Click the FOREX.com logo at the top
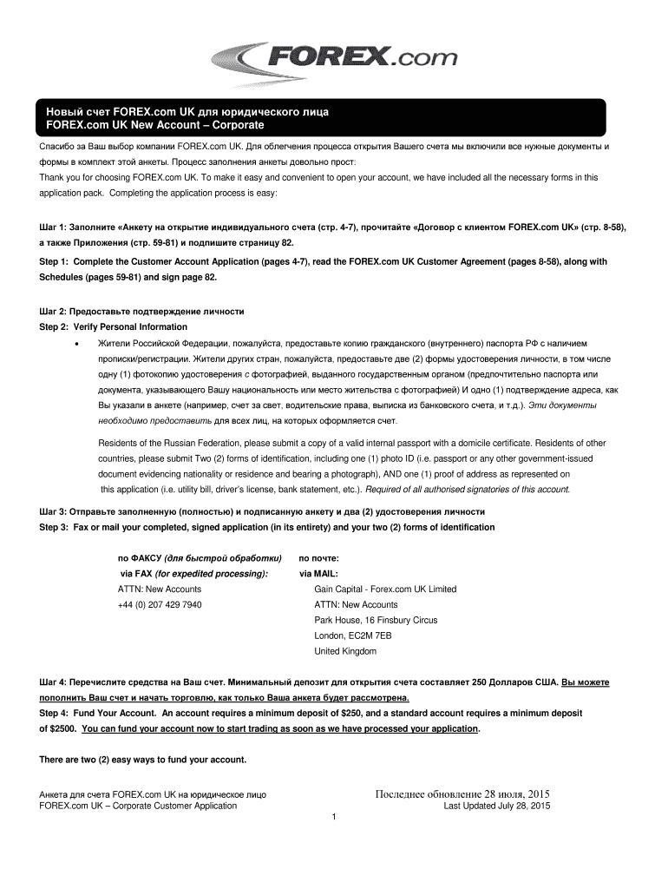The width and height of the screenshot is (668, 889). point(333,60)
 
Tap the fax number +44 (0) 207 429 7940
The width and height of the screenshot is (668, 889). point(160,604)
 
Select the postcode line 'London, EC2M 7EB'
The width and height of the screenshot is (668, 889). point(352,635)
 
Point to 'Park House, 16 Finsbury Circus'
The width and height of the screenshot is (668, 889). point(376,620)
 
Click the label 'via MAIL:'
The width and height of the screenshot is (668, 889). point(319,573)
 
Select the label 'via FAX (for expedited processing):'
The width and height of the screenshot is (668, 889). point(193,573)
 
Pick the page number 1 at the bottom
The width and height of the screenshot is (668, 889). point(333,817)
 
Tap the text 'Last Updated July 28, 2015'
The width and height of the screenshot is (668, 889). point(496,806)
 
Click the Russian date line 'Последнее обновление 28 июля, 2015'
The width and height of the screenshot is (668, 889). point(462,794)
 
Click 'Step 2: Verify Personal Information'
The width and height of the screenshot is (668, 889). point(114,326)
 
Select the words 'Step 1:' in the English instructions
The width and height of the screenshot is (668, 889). point(56,261)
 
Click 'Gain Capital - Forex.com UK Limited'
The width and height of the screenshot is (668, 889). point(385,589)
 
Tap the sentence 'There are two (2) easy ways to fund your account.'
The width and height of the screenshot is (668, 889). point(143,760)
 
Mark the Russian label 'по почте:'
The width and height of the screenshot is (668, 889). point(318,557)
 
